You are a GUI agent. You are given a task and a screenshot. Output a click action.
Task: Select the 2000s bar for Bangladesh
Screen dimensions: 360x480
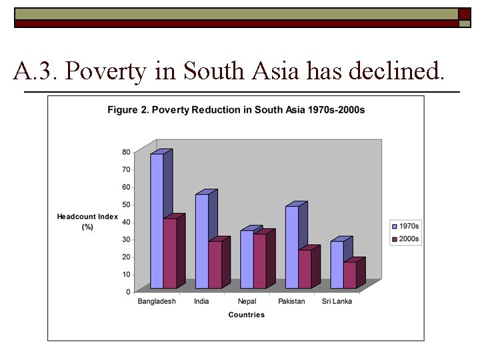[170, 253]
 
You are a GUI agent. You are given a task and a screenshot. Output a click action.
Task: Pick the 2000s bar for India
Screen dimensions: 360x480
[215, 265]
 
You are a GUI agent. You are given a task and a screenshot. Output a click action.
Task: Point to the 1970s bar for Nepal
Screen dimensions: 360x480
[247, 259]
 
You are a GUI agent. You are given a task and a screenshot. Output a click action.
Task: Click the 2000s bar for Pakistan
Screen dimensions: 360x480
[305, 269]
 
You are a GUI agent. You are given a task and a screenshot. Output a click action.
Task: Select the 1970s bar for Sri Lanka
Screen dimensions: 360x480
[337, 265]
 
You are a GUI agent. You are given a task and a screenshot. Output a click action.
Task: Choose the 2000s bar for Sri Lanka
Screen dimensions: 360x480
[350, 275]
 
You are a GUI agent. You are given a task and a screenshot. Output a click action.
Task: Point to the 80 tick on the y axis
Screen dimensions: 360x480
[126, 152]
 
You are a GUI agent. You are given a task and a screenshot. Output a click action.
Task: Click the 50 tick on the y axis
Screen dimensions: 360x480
[126, 205]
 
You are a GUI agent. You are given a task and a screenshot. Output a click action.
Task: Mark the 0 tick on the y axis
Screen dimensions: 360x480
[128, 292]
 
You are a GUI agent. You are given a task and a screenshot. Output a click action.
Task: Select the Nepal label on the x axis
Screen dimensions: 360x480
[247, 301]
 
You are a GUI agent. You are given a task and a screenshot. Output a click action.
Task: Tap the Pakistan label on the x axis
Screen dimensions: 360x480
[291, 301]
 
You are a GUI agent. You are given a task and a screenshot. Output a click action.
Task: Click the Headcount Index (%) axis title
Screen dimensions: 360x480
[87, 221]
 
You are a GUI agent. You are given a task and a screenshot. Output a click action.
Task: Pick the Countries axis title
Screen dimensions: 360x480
[246, 315]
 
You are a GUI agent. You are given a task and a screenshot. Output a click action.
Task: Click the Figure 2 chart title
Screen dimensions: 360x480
[236, 109]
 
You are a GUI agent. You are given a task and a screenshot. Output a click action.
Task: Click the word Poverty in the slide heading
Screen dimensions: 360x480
[107, 71]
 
